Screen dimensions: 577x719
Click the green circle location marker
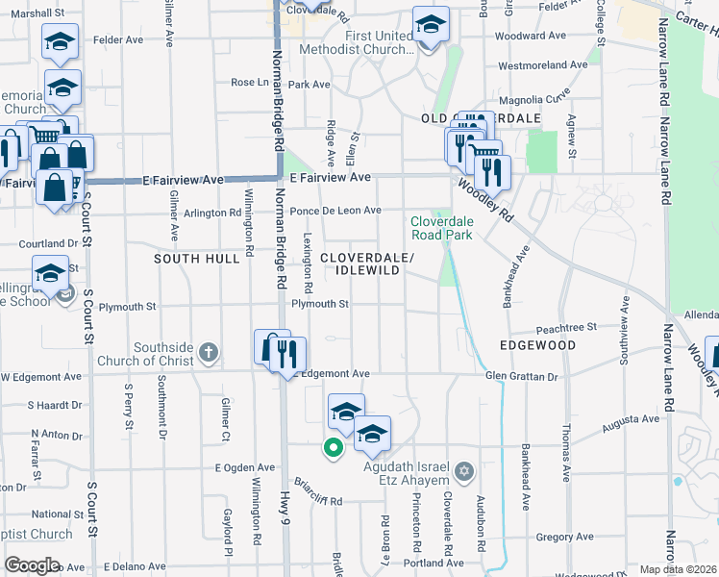click(x=334, y=447)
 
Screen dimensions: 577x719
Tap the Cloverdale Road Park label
click(x=441, y=227)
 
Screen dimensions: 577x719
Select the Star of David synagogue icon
click(x=464, y=471)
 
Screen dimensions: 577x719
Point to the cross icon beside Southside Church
click(x=211, y=352)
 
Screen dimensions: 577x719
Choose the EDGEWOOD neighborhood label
click(x=537, y=345)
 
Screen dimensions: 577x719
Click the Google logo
click(x=31, y=565)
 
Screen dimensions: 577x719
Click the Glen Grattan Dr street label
click(x=521, y=376)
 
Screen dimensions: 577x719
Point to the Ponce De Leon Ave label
click(x=335, y=211)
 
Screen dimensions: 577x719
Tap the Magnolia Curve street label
click(x=537, y=96)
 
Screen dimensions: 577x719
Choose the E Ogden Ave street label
click(x=245, y=466)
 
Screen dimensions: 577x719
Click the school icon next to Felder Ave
click(x=60, y=43)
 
